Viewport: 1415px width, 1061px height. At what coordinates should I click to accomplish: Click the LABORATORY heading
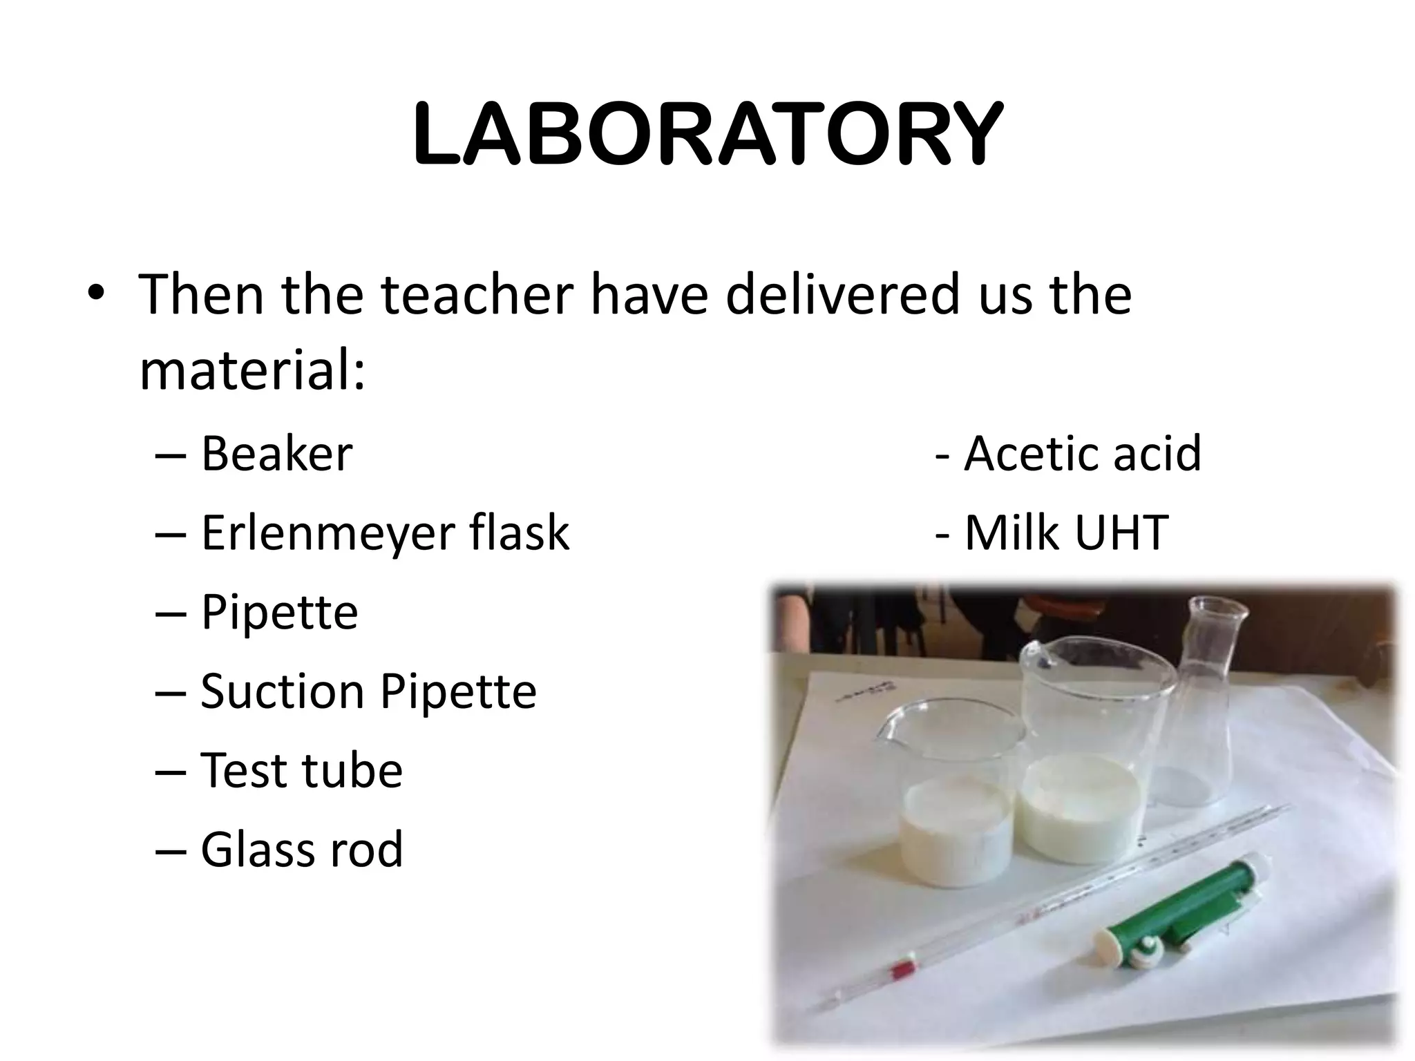click(707, 134)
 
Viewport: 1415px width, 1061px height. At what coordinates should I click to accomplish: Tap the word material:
click(252, 371)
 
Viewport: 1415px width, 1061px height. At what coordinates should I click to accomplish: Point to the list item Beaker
click(276, 454)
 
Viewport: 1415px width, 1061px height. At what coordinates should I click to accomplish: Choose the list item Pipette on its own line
click(279, 612)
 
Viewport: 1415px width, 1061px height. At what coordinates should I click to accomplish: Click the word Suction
click(282, 691)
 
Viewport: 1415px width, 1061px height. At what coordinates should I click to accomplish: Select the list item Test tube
click(301, 770)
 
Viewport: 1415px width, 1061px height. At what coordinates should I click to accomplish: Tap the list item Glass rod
click(301, 850)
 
